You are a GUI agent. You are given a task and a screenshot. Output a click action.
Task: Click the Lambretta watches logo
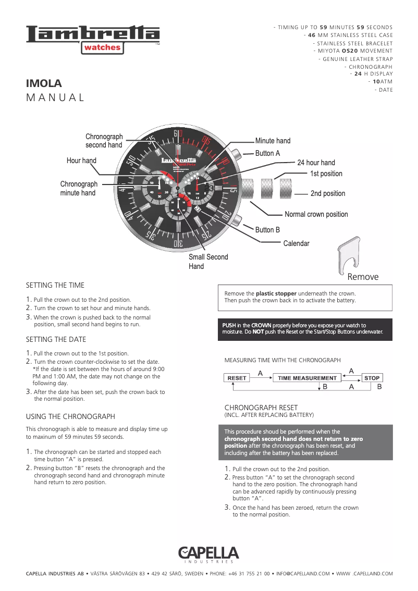[93, 39]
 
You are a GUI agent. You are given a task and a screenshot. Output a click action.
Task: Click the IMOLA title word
[44, 83]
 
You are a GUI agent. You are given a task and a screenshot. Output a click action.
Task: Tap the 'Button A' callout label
[267, 153]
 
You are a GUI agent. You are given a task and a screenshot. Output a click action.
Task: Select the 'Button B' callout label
[267, 230]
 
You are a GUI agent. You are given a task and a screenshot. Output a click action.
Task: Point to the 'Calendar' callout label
[296, 243]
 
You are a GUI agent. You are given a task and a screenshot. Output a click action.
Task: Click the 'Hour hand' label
[81, 161]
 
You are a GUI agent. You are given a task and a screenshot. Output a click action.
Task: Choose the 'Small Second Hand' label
[208, 262]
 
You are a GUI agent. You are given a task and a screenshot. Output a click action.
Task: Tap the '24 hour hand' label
[316, 163]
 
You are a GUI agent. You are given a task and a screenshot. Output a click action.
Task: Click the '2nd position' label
[327, 193]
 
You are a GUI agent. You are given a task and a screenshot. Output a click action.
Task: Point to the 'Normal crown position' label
[316, 214]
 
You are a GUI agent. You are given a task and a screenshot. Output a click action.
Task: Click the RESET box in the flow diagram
[237, 378]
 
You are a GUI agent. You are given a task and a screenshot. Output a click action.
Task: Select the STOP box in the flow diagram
[372, 378]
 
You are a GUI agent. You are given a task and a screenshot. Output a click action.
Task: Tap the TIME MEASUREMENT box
[307, 378]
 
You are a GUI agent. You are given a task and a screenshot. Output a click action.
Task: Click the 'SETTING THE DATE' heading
[56, 339]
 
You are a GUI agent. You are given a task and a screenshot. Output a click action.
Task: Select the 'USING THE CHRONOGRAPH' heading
[70, 416]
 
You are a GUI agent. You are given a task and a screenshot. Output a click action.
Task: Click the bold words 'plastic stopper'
[276, 293]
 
